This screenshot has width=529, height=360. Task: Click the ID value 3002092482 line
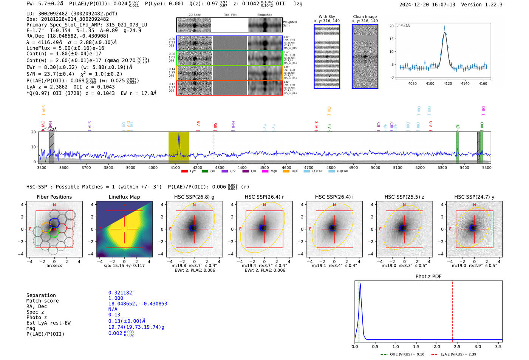pyautogui.click(x=72, y=14)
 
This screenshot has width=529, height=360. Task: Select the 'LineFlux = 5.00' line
pyautogui.click(x=65, y=48)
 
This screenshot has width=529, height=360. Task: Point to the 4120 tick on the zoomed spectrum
pyautogui.click(x=448, y=83)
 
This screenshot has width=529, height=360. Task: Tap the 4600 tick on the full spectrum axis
pyautogui.click(x=286, y=168)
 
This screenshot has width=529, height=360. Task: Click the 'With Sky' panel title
pyautogui.click(x=326, y=17)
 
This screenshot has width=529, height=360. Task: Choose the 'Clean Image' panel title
pyautogui.click(x=365, y=17)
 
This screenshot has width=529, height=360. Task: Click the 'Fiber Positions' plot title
pyautogui.click(x=54, y=197)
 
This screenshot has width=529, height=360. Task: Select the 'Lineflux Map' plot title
pyautogui.click(x=124, y=197)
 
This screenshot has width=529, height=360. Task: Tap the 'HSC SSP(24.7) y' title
pyautogui.click(x=474, y=197)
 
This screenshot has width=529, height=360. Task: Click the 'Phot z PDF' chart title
pyautogui.click(x=428, y=277)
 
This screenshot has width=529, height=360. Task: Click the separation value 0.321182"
pyautogui.click(x=121, y=293)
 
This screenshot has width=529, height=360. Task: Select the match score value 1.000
pyautogui.click(x=116, y=298)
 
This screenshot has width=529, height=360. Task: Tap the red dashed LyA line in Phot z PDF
pyautogui.click(x=453, y=310)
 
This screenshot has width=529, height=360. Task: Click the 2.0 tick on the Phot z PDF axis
pyautogui.click(x=436, y=346)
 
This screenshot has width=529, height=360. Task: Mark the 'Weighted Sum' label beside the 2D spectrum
pyautogui.click(x=289, y=24)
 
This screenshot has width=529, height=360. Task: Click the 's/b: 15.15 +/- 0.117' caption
pyautogui.click(x=124, y=266)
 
